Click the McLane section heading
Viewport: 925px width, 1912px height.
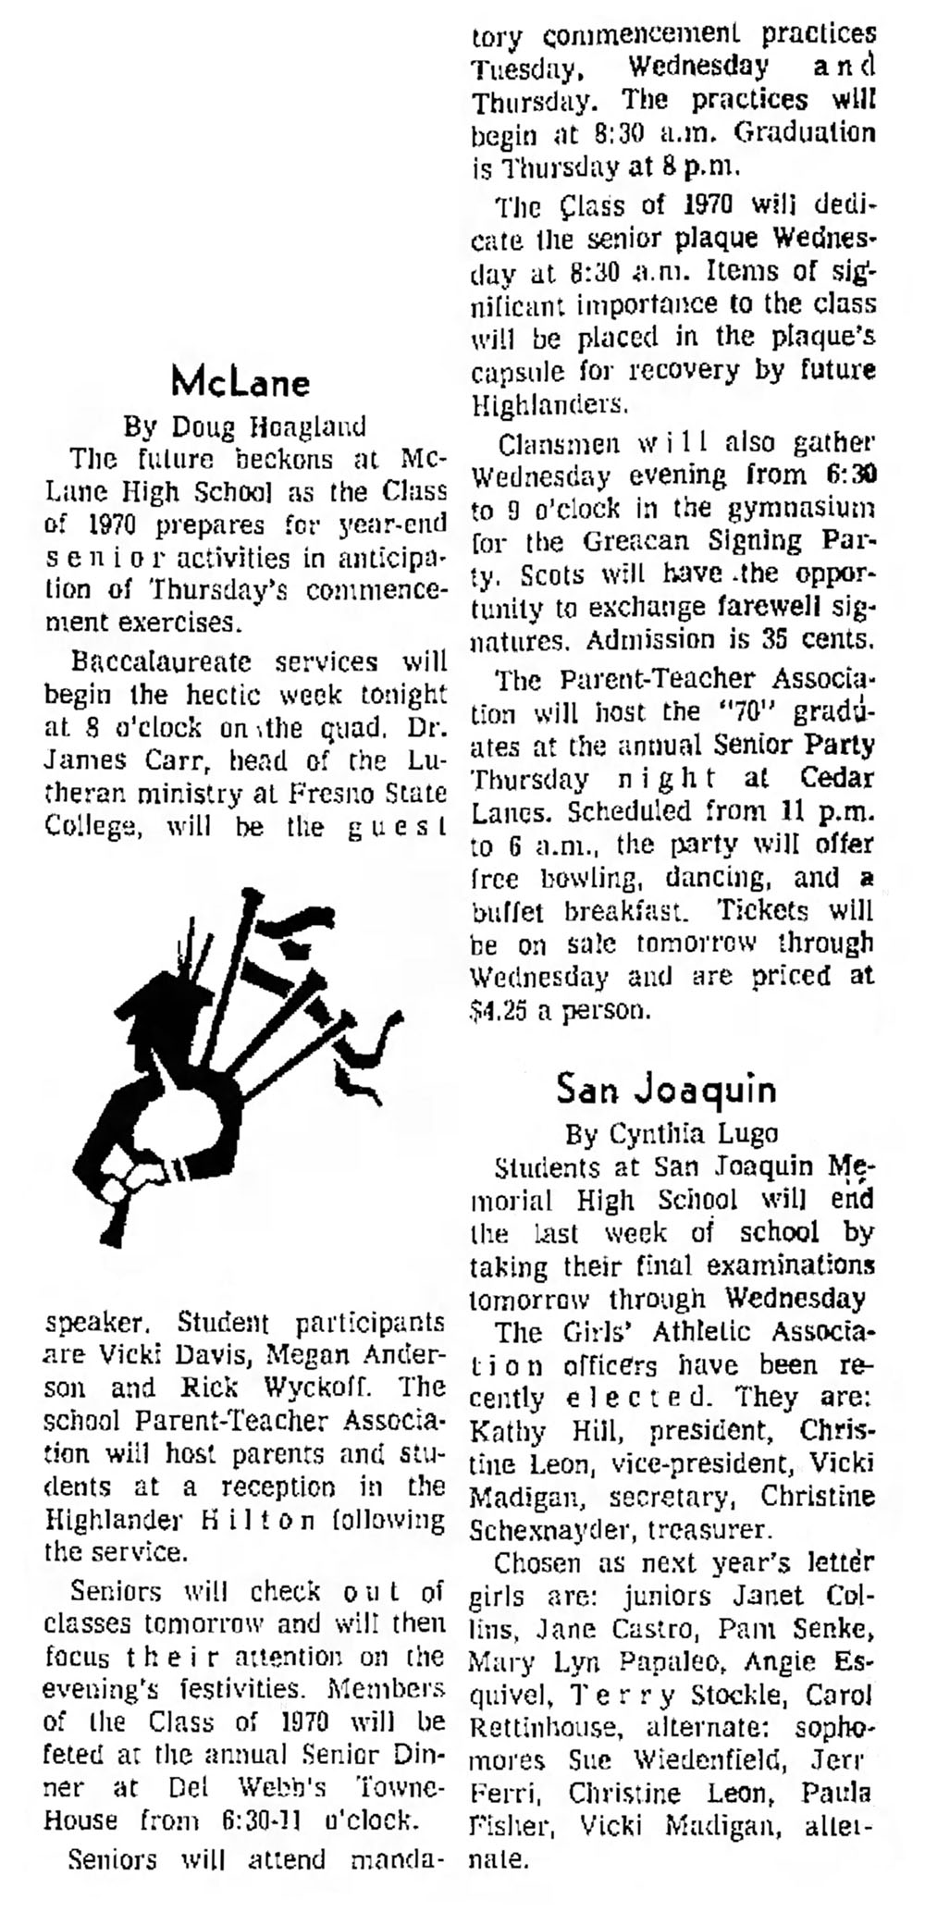tap(240, 381)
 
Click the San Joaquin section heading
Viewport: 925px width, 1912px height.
tap(666, 1089)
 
